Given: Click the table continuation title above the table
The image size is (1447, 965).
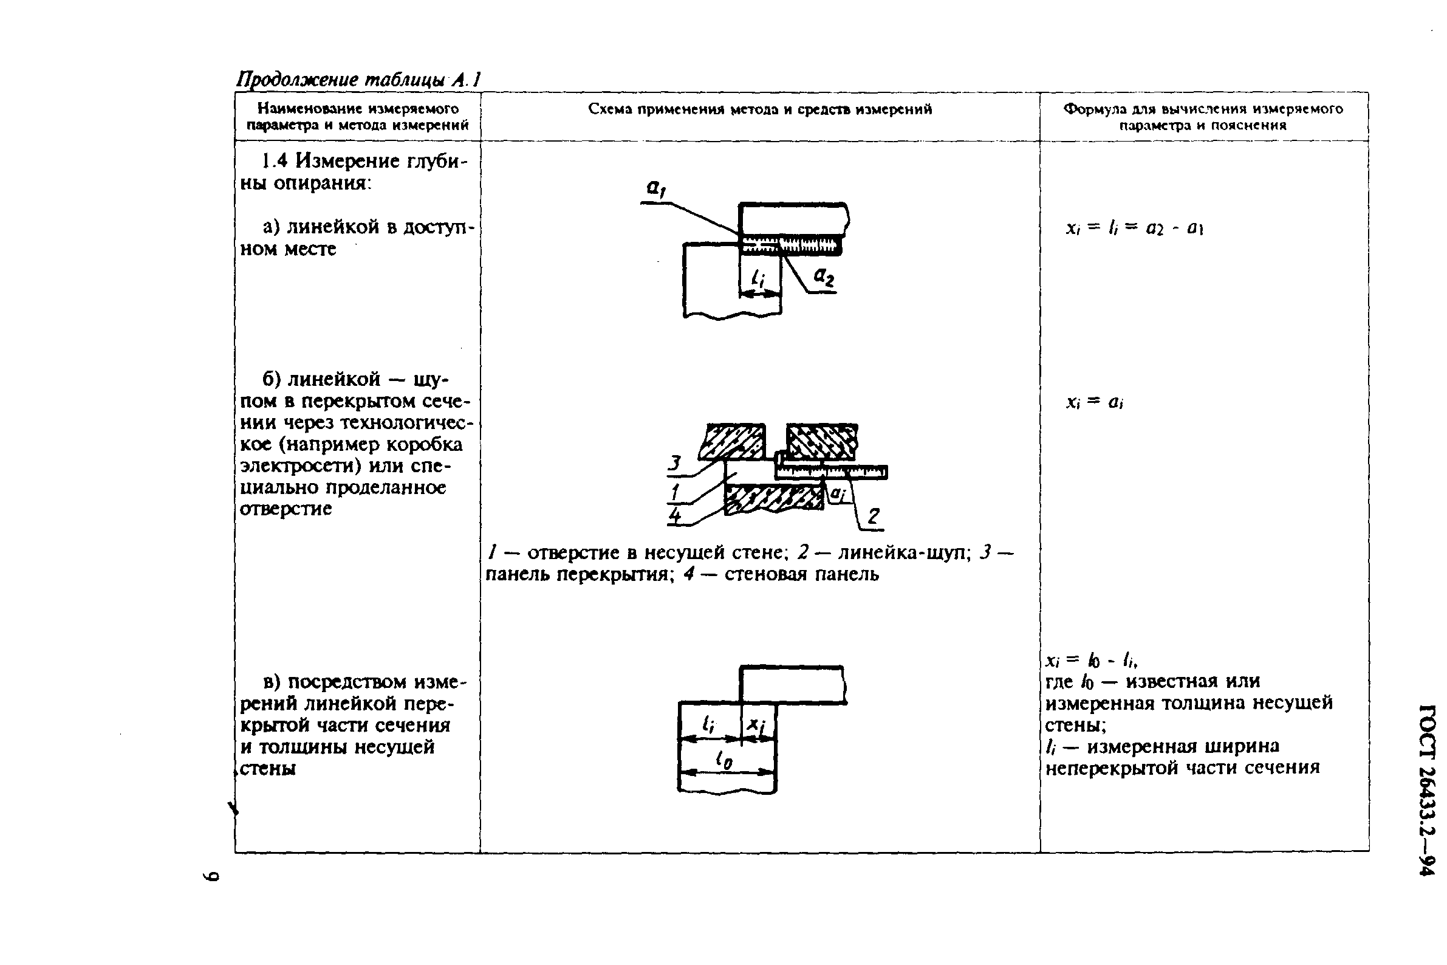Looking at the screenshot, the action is coord(358,80).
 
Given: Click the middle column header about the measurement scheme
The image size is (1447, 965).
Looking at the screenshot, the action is coord(760,109).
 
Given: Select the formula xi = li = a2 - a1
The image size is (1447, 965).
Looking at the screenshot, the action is coord(1134,228).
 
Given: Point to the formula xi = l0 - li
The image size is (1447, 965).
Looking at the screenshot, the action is coord(1091,661).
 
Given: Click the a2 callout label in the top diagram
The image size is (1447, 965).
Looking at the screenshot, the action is coord(824,278).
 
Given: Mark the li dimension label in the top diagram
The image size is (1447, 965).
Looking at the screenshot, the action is coord(758,280).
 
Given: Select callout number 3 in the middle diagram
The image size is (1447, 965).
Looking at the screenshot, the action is coord(675,463).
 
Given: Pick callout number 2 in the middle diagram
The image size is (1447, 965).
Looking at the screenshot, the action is coord(873,516).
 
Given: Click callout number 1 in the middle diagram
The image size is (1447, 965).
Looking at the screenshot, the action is coord(676,492).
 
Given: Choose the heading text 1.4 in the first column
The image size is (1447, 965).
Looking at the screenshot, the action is coord(275,161).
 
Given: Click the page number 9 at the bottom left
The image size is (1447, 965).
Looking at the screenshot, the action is coord(211,876).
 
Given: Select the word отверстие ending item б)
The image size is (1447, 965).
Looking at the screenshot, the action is coord(286,509).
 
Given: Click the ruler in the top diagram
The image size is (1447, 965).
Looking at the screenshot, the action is coord(791,245).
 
